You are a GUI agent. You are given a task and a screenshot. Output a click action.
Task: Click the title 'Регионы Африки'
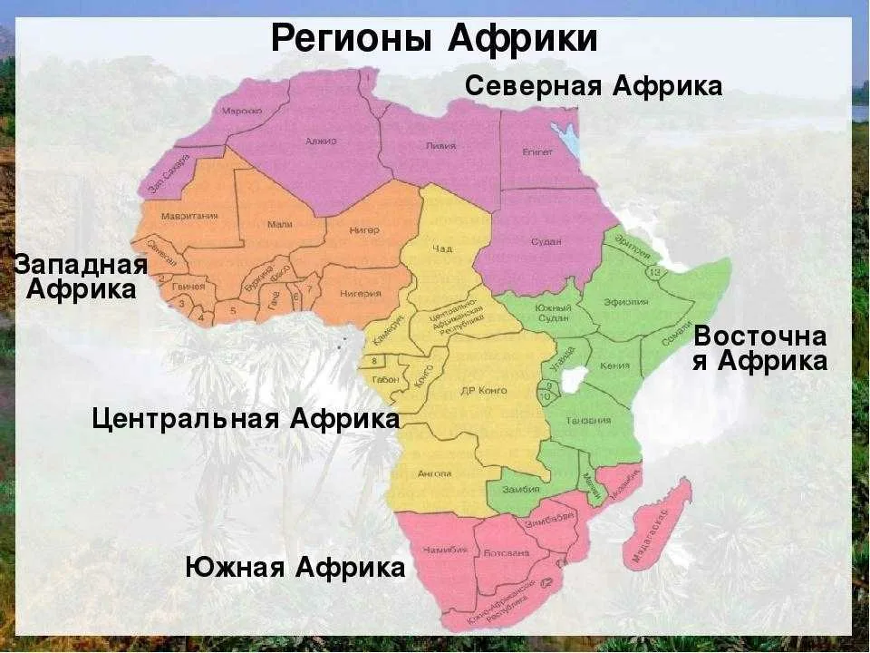pos(434,39)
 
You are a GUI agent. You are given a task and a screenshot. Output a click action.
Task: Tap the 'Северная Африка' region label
pos(594,86)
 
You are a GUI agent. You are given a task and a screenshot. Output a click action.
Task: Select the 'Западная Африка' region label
pos(81,278)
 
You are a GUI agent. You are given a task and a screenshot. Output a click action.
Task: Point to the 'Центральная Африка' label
pos(246,419)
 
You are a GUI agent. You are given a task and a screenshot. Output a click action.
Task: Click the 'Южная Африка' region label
pos(295,569)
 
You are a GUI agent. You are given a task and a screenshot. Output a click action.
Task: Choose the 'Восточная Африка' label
pos(760,349)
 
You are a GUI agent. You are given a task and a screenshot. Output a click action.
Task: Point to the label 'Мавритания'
pos(188,216)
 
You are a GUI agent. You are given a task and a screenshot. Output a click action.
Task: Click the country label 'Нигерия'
pos(360,294)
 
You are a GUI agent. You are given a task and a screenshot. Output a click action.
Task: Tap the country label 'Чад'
pos(442,249)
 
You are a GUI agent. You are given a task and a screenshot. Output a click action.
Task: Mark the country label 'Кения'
pos(615,366)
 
